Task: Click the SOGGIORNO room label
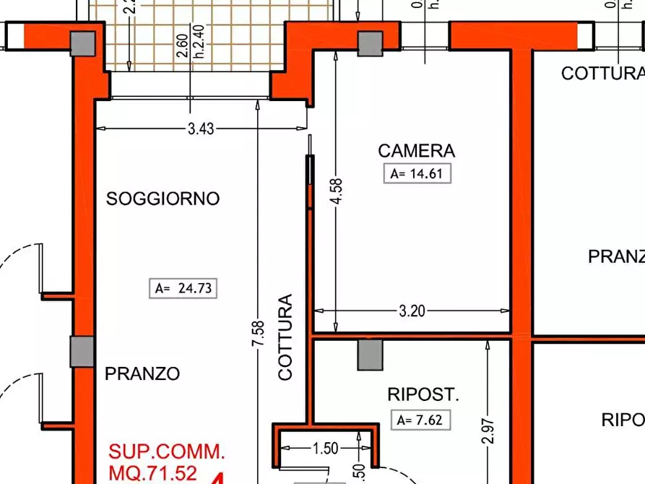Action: pos(163,199)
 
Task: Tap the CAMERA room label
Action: pos(416,151)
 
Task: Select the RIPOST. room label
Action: pos(423,394)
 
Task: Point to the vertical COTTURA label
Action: pos(286,337)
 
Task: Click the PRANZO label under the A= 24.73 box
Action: pos(142,374)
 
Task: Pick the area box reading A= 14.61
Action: pos(417,173)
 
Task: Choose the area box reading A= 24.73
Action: pos(183,288)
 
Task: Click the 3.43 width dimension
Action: pos(200,129)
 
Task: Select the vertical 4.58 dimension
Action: pos(336,192)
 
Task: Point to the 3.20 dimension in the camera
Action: pos(412,311)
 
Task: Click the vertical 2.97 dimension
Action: pos(488,431)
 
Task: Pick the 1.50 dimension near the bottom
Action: pos(325,449)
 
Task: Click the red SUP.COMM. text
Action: pos(167,452)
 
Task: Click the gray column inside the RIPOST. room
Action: pos(371,355)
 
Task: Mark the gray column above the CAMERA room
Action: pos(371,43)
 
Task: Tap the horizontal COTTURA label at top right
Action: pos(602,74)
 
